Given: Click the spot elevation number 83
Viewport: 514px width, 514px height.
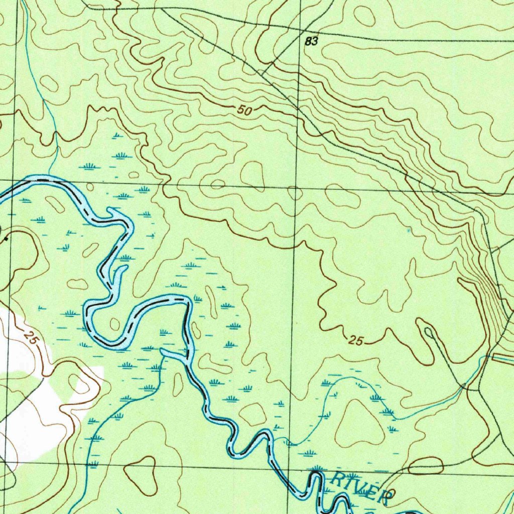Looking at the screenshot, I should tap(311, 42).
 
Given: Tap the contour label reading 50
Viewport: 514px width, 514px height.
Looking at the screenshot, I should tap(244, 110).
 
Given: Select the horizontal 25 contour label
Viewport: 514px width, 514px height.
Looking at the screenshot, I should tap(355, 341).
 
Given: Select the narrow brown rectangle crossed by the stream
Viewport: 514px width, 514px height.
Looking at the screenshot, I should tap(502, 357).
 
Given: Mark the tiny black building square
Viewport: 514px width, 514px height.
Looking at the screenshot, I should tap(6, 239).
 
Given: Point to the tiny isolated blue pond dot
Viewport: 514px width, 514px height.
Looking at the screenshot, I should tap(409, 230).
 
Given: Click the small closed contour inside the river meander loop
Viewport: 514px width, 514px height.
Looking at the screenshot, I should tap(115, 324).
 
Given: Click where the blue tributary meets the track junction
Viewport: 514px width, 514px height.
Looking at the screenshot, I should tap(465, 387).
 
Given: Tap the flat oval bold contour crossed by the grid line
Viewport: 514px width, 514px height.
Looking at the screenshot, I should tap(426, 466).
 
